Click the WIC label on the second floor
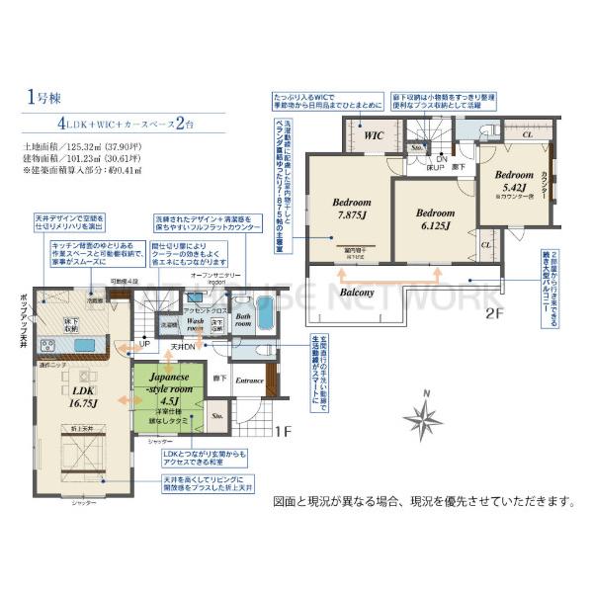point(374,136)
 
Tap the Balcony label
point(356,294)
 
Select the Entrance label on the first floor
point(249,380)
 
